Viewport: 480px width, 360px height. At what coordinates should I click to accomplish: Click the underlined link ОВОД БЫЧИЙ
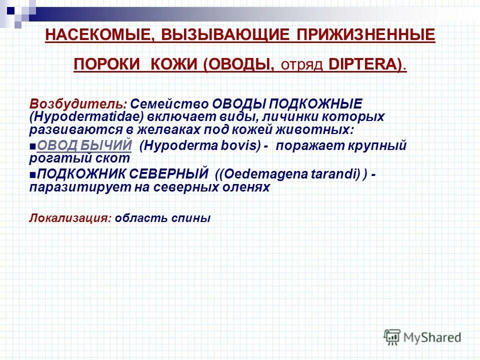(x=84, y=145)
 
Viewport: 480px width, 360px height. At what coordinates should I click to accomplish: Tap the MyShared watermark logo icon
(x=392, y=336)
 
